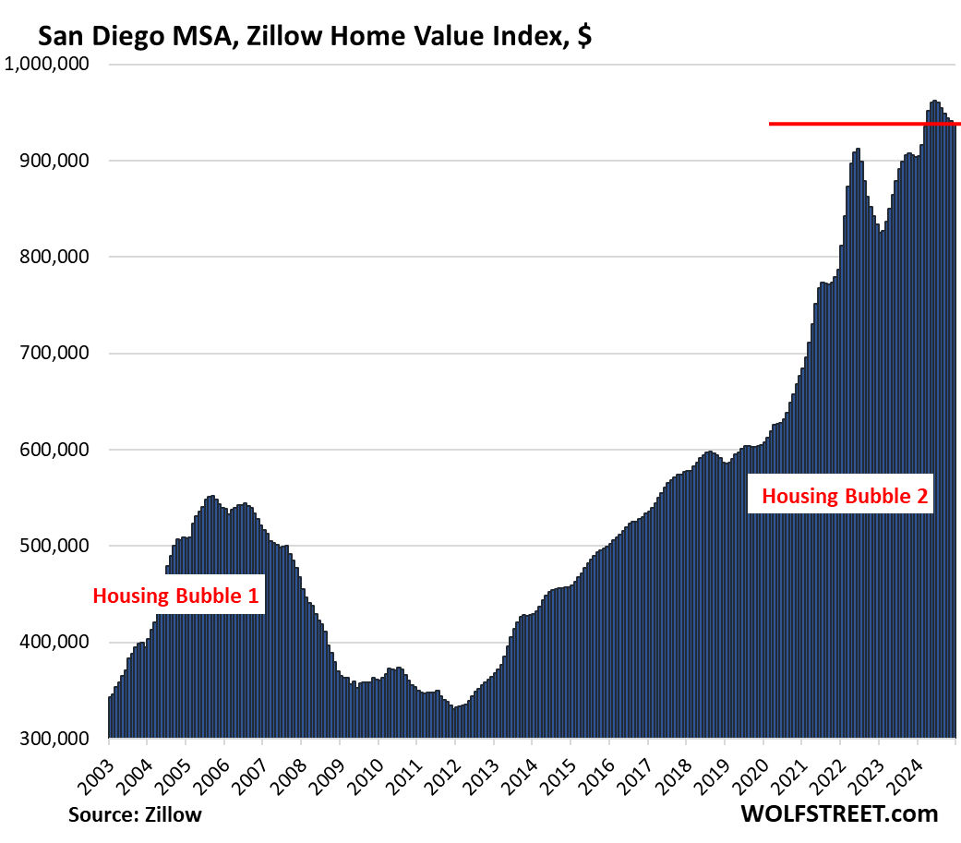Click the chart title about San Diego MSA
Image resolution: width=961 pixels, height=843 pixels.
(x=315, y=38)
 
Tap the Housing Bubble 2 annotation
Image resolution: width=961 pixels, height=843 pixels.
(x=846, y=497)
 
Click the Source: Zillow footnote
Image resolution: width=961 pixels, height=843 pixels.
(x=135, y=814)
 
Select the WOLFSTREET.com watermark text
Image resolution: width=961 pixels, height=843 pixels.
(x=838, y=813)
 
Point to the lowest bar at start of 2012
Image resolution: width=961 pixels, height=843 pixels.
(x=455, y=709)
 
